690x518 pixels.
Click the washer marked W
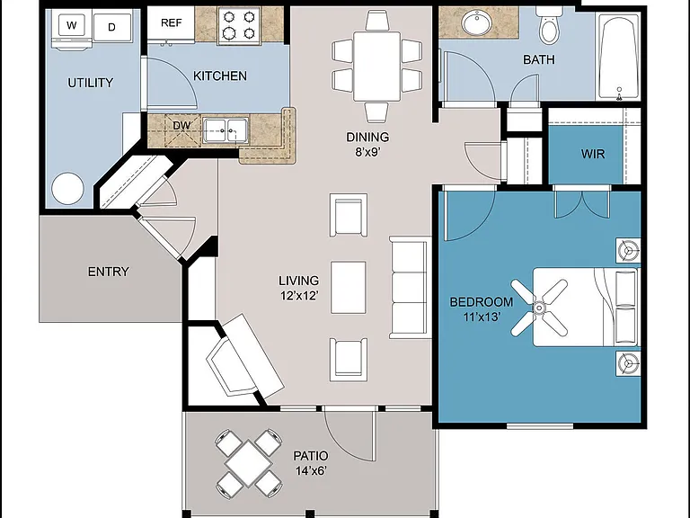[72, 28]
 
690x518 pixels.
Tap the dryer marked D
[112, 27]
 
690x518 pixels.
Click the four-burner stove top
[239, 25]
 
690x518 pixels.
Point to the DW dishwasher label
[181, 126]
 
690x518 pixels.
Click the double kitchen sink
[226, 130]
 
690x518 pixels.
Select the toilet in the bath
[548, 25]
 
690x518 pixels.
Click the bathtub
[618, 56]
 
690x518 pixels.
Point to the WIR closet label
[593, 154]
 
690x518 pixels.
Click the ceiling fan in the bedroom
[539, 307]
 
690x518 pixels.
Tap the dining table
[376, 66]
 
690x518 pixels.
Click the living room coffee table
[348, 288]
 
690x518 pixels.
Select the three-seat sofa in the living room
[410, 288]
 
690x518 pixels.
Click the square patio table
[248, 463]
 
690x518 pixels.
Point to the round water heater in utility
[67, 189]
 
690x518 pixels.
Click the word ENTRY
[108, 272]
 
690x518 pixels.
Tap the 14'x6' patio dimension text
[311, 471]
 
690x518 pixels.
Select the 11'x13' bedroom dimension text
[482, 317]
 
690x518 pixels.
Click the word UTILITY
[90, 83]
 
